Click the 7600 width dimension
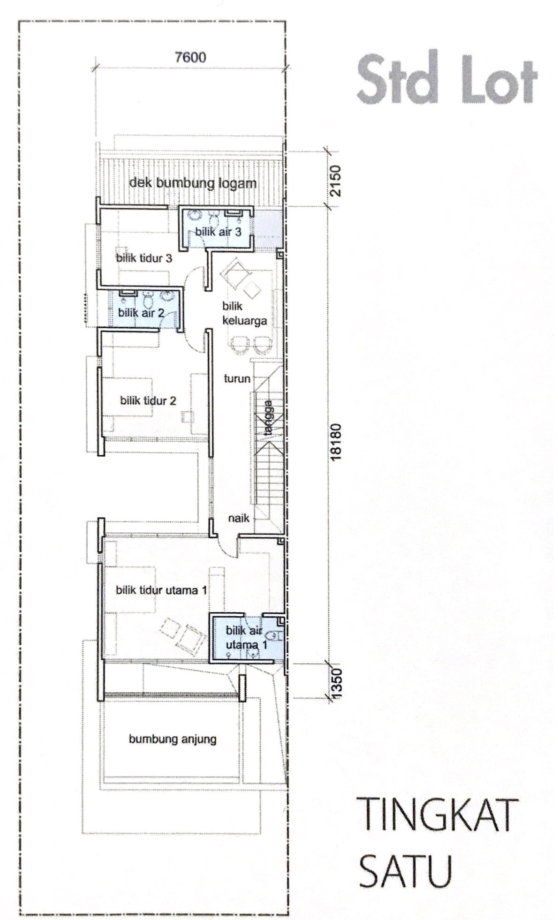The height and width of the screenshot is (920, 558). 190,57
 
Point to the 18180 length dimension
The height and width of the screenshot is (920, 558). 336,442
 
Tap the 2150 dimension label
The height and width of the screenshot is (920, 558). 336,181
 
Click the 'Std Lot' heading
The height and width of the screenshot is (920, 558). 447,78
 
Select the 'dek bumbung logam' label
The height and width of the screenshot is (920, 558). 193,183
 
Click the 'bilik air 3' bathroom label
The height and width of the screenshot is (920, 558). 218,231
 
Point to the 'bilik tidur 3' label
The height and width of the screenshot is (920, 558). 144,257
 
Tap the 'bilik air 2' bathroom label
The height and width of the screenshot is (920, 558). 141,312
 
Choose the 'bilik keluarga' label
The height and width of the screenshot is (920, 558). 244,314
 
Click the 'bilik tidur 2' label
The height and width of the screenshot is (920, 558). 148,400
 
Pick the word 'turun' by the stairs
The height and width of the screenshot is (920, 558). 237,378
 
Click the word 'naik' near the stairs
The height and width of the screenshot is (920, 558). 239,518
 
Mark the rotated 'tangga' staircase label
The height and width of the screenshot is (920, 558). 268,418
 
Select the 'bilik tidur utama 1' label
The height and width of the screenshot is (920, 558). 161,590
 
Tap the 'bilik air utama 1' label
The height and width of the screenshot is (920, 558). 247,638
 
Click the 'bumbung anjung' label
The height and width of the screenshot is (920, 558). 173,739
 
